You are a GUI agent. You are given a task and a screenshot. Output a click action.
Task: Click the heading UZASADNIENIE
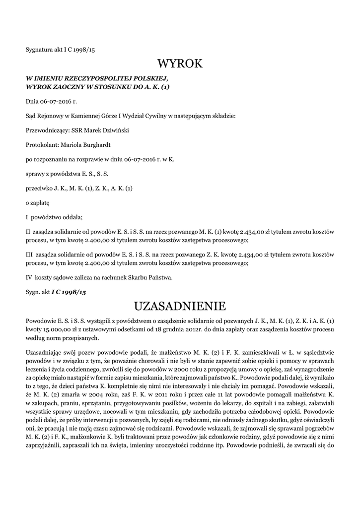click(180, 305)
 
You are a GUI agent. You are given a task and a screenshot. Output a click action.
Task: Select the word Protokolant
click(42, 145)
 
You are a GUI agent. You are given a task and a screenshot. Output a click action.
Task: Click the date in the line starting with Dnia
click(57, 101)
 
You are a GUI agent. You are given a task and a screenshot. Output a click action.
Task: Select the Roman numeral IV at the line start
click(29, 278)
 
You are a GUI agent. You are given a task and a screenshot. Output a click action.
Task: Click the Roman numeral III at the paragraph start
click(29, 254)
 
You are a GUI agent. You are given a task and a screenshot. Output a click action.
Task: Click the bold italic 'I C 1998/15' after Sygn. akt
click(69, 293)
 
